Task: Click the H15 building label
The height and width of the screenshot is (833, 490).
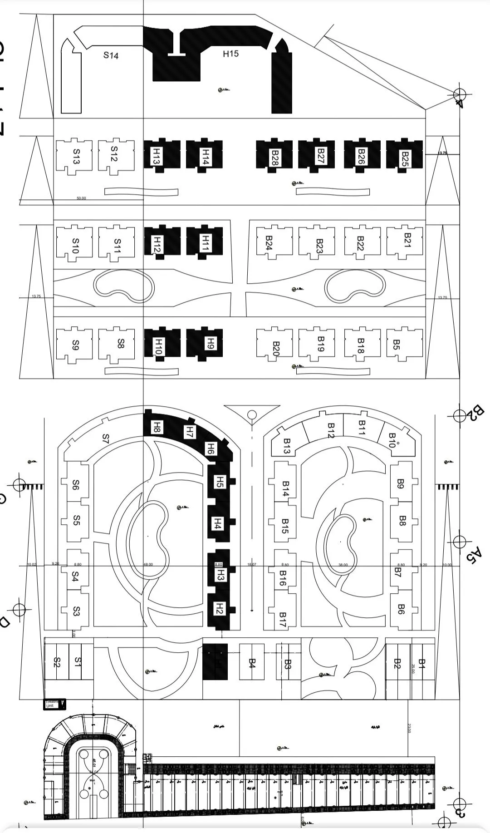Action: (x=230, y=54)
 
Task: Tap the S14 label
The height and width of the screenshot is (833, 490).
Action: (x=111, y=55)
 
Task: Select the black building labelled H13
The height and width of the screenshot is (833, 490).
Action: (x=157, y=156)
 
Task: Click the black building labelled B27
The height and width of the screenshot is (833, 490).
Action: (x=320, y=156)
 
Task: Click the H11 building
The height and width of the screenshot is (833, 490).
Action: (x=205, y=242)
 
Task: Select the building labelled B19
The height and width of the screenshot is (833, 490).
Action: (x=320, y=345)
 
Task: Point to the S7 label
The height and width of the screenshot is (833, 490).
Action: (x=106, y=439)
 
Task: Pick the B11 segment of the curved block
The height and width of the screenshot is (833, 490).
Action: (x=362, y=428)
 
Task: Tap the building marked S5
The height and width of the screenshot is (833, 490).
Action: (x=77, y=519)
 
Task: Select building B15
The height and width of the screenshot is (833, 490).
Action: (x=284, y=526)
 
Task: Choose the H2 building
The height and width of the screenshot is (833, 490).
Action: (x=219, y=609)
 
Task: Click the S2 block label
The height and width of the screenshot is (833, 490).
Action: (x=57, y=662)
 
